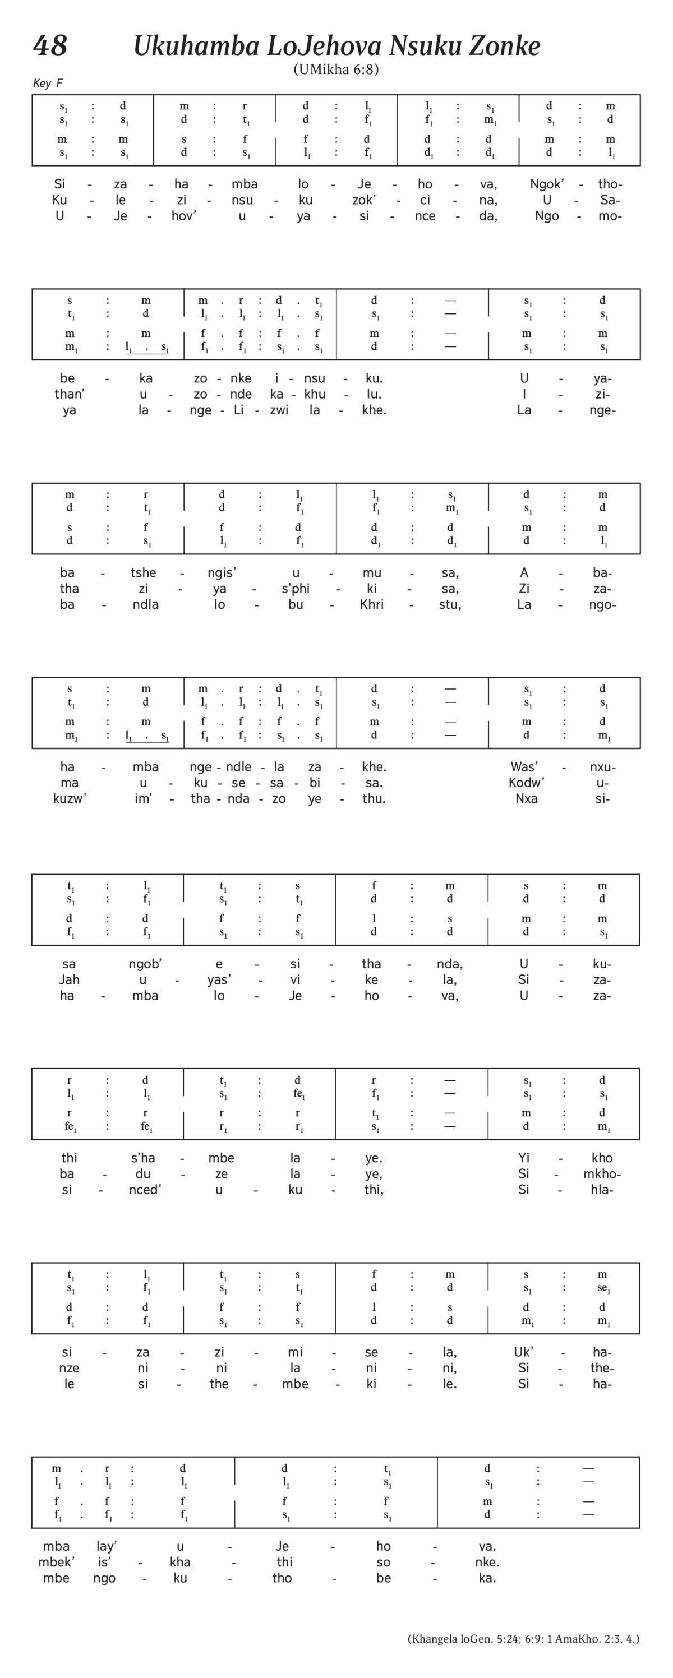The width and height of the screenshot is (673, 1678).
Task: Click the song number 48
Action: click(50, 45)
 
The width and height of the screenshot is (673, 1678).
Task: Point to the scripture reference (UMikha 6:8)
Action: click(335, 69)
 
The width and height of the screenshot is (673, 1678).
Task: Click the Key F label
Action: click(48, 84)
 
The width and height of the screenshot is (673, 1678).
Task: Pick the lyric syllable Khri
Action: click(371, 604)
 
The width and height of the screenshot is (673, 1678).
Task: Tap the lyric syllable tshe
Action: click(144, 572)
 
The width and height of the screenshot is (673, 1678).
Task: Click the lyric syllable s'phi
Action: click(295, 589)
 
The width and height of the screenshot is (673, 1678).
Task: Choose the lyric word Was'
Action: click(524, 767)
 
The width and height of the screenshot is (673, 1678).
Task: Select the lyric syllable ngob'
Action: click(145, 964)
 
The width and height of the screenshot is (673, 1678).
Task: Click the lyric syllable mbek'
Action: click(56, 1562)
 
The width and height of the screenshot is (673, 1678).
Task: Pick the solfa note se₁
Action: click(603, 1288)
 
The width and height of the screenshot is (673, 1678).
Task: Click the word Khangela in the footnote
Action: click(434, 1639)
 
